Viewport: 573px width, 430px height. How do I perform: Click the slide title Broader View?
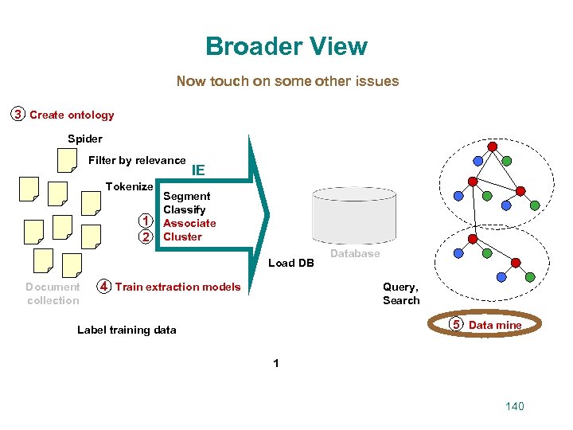point(286,46)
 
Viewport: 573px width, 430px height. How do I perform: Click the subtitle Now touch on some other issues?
point(287,81)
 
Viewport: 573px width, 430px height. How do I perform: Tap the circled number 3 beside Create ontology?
point(18,115)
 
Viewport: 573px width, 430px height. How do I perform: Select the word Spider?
point(85,139)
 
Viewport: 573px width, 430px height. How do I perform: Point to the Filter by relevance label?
point(137,160)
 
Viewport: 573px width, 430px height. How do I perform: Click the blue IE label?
point(198,170)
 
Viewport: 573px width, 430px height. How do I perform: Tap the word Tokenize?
point(129,186)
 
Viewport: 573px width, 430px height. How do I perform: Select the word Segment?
point(187,196)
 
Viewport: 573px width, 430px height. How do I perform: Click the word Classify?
point(185,209)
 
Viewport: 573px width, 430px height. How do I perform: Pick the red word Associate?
point(189,223)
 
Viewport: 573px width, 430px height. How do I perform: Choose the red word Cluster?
point(183,236)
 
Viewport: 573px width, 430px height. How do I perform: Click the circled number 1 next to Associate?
point(145,223)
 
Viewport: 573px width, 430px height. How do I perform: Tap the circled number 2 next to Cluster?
point(145,236)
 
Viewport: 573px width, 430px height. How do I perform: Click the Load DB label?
point(292,263)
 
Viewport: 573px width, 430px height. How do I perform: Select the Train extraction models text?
point(177,287)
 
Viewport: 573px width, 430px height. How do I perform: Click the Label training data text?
point(127,330)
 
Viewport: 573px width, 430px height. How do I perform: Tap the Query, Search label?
point(401,293)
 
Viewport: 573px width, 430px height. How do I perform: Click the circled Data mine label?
point(486,325)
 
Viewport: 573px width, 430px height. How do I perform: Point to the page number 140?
point(515,406)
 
